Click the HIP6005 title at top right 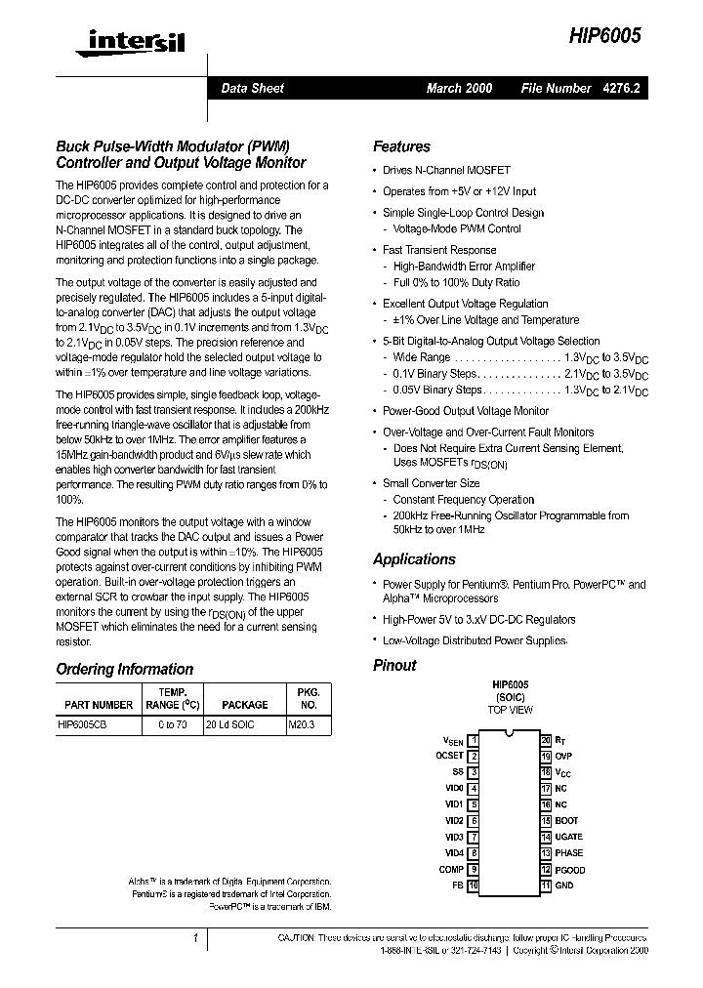tap(605, 36)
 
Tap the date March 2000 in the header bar tap(459, 88)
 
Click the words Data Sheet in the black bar tap(252, 88)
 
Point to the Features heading tap(401, 146)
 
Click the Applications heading tap(414, 559)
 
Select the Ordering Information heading tap(124, 669)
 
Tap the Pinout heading tap(394, 665)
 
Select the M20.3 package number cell tap(303, 725)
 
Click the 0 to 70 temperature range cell tap(172, 725)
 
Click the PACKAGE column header tap(244, 704)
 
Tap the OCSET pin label tap(449, 756)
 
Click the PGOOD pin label tap(570, 869)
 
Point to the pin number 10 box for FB tap(474, 885)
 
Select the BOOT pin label tap(566, 821)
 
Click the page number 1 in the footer tap(195, 938)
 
